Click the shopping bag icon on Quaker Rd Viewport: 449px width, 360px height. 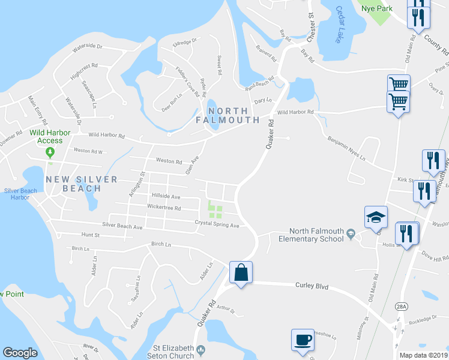point(241,272)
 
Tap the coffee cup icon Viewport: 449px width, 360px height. point(303,340)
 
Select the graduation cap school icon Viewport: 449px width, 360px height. point(376,217)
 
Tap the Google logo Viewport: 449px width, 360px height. point(20,353)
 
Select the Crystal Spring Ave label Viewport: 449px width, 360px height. point(217,225)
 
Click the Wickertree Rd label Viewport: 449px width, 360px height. point(164,208)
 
